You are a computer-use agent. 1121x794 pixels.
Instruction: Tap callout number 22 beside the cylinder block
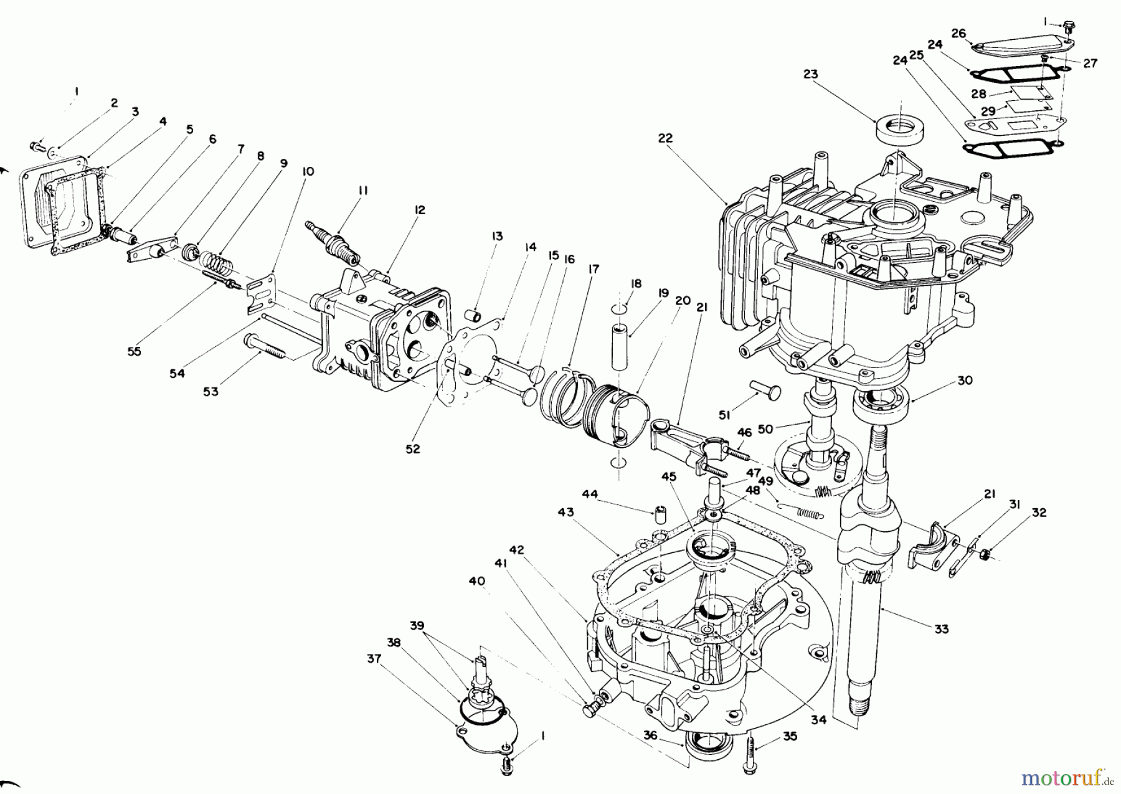point(665,138)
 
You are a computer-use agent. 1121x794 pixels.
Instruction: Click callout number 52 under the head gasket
point(412,448)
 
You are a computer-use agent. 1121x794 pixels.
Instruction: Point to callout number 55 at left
point(134,351)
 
